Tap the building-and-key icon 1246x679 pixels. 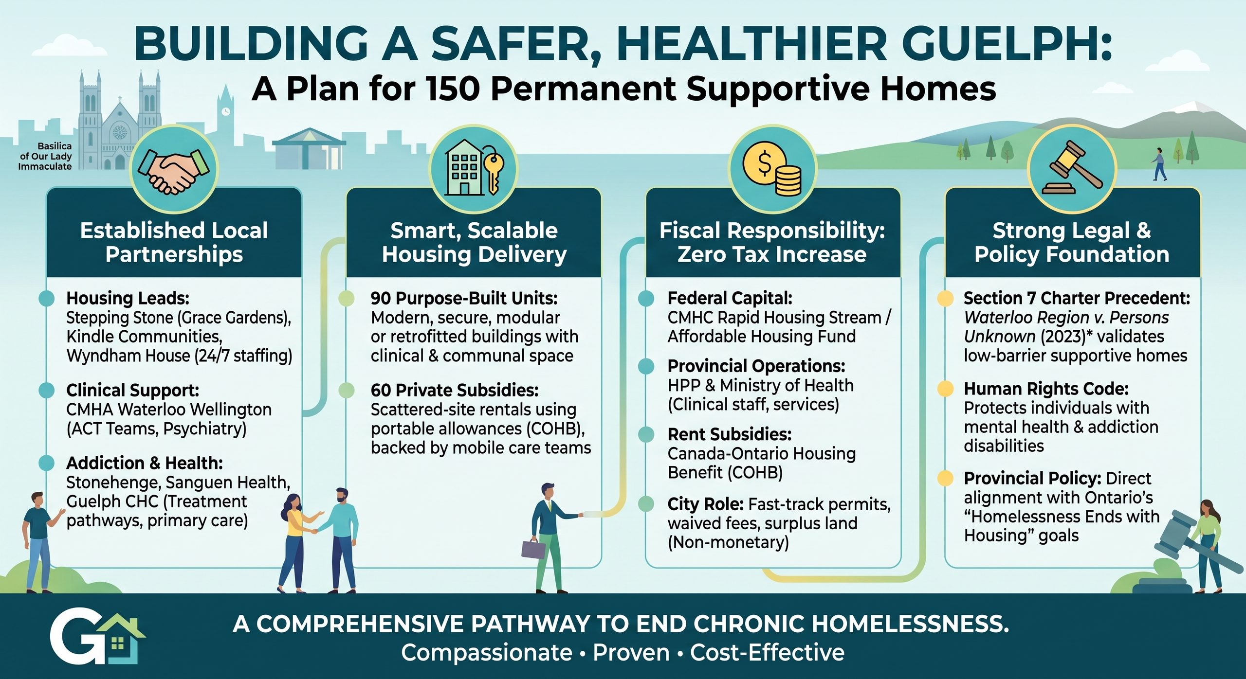pyautogui.click(x=474, y=168)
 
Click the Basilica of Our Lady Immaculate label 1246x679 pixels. pyautogui.click(x=45, y=156)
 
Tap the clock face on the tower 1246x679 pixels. pyautogui.click(x=225, y=111)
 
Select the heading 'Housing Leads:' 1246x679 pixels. pyautogui.click(x=128, y=298)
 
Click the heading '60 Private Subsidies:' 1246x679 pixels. pyautogui.click(x=455, y=390)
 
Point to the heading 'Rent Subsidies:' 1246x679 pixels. pyautogui.click(x=730, y=434)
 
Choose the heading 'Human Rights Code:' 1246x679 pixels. pyautogui.click(x=1046, y=389)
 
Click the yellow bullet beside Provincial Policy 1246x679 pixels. pyautogui.click(x=945, y=479)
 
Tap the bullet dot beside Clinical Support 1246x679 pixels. pyautogui.click(x=46, y=390)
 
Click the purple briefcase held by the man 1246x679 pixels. pyautogui.click(x=533, y=548)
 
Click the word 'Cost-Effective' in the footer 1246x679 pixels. pyautogui.click(x=767, y=653)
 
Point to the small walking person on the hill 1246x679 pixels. pyautogui.click(x=1159, y=164)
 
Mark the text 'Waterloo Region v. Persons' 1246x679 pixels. pyautogui.click(x=1066, y=318)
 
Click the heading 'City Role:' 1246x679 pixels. pyautogui.click(x=705, y=504)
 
